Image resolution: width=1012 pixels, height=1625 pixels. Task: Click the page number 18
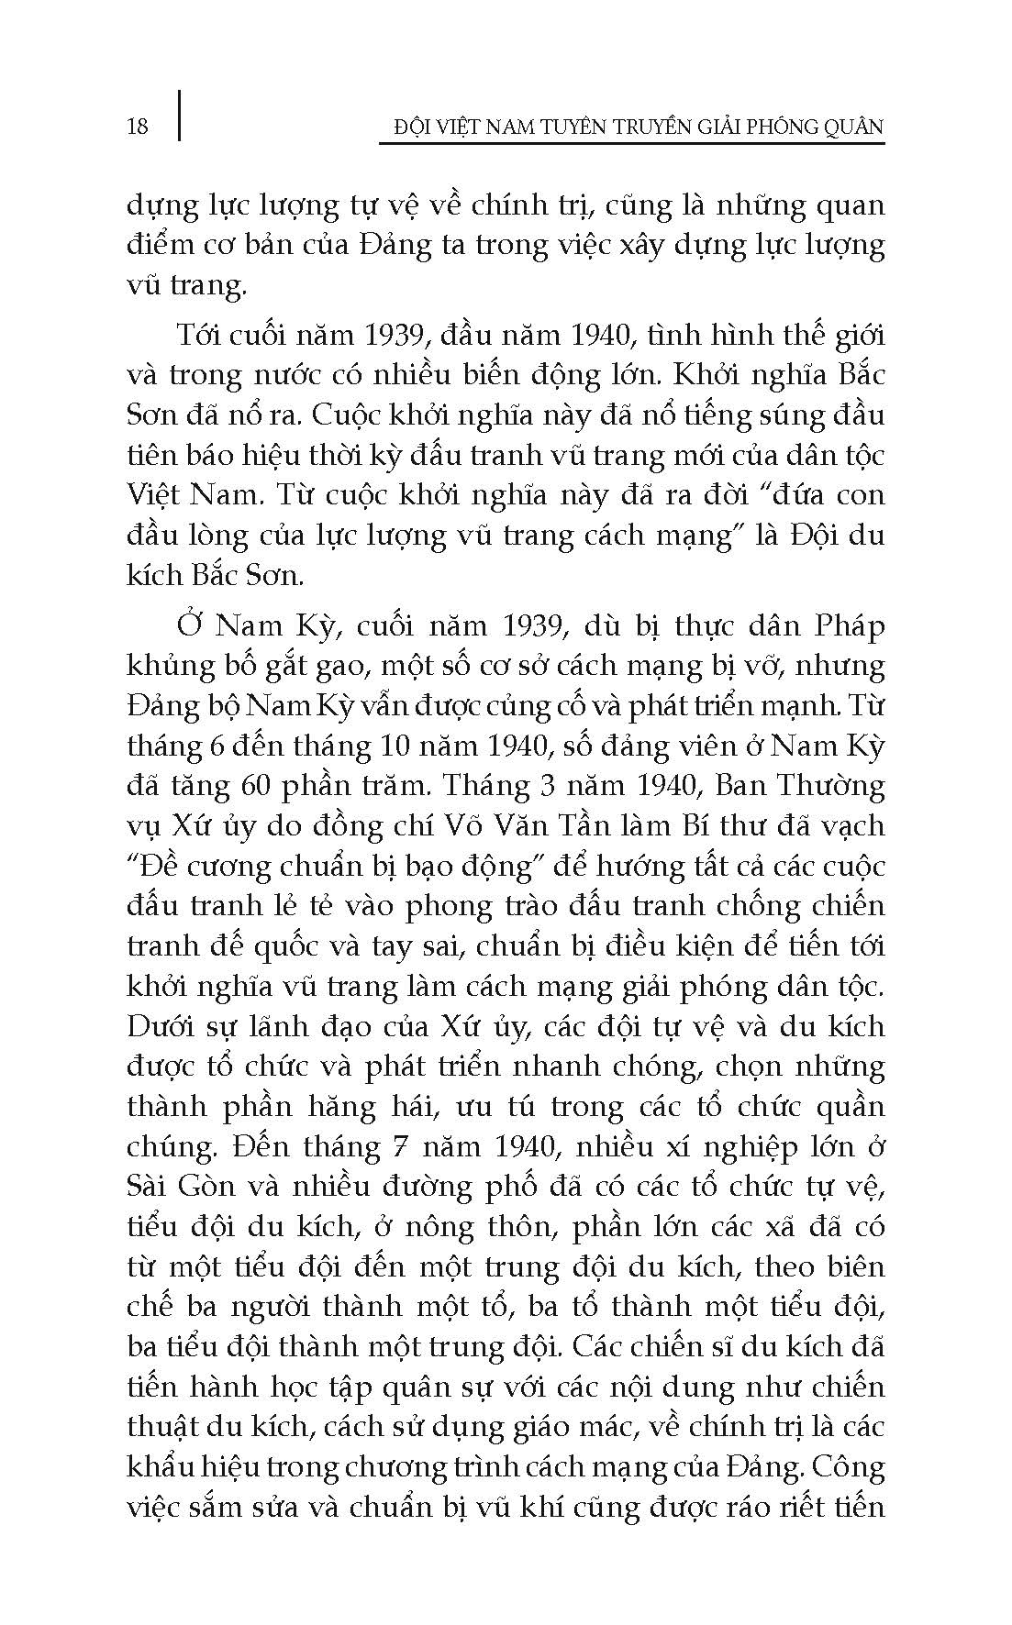pyautogui.click(x=137, y=126)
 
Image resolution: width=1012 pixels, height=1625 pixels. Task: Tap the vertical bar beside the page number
pyautogui.click(x=178, y=115)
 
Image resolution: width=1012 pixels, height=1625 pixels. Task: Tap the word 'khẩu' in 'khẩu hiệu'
pyautogui.click(x=161, y=1467)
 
